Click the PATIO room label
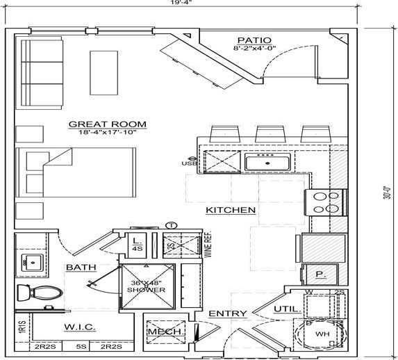tap(254, 40)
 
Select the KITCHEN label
tap(231, 209)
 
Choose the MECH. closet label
tap(165, 332)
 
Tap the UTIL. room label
tap(287, 308)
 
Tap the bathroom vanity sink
tap(30, 263)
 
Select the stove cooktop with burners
tap(326, 202)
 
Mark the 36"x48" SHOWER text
tap(147, 286)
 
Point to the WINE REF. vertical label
tap(206, 245)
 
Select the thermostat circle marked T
tap(172, 224)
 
